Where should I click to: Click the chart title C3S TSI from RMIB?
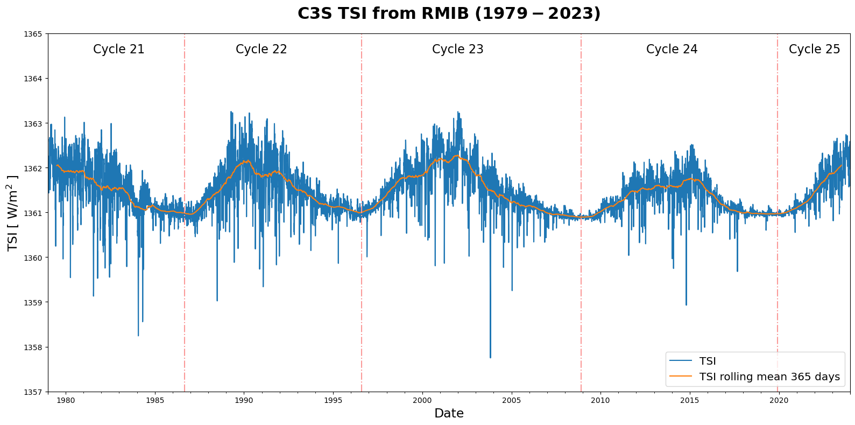tap(449, 13)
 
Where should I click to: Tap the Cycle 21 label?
tap(119, 50)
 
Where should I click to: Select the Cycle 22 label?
tap(262, 50)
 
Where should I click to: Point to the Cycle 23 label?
tap(458, 50)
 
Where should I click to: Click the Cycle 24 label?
tap(672, 50)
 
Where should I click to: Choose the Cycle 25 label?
tap(814, 50)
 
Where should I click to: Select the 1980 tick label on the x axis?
tap(66, 401)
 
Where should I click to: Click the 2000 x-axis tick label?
tap(422, 401)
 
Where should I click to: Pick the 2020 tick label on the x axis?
tap(779, 401)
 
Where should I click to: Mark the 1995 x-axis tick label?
tap(333, 401)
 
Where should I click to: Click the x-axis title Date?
tap(449, 414)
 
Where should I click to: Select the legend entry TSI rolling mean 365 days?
tap(769, 377)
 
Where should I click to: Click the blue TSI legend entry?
tap(707, 361)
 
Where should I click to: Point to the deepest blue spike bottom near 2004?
tap(490, 357)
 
